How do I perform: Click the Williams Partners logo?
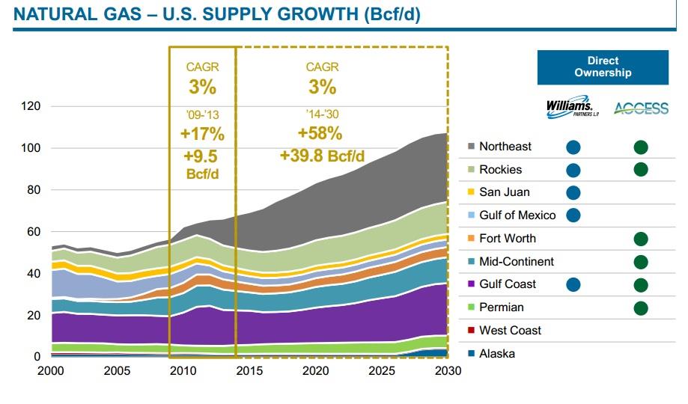tap(573, 108)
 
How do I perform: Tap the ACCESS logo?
tap(640, 108)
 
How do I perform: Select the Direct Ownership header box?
tap(603, 67)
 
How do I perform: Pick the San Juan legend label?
tap(505, 192)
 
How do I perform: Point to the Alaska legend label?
tap(496, 353)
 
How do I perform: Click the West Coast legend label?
tap(510, 330)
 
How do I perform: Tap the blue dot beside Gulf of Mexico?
tap(573, 216)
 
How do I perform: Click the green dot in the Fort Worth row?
tap(640, 239)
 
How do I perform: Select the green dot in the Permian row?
tap(640, 307)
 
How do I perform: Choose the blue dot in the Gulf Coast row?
tap(573, 285)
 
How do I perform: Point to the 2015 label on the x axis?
tap(236, 371)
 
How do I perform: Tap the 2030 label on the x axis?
tap(447, 371)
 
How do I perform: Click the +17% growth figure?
tap(202, 135)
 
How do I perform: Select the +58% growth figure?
tap(322, 134)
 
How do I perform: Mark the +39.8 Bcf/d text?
tap(322, 156)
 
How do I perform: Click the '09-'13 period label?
tap(202, 116)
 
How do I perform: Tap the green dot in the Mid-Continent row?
tap(640, 262)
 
